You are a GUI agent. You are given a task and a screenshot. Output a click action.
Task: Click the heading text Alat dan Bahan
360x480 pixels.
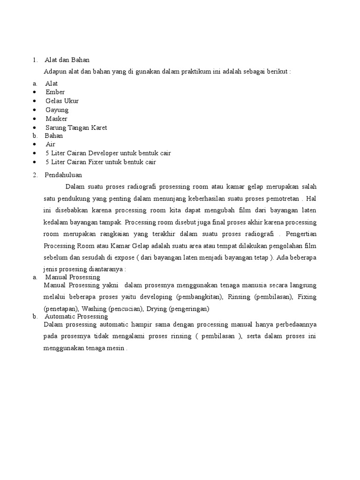[67, 60]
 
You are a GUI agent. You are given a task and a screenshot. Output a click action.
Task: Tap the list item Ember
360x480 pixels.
[55, 92]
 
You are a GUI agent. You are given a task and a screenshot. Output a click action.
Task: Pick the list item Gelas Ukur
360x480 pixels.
[62, 101]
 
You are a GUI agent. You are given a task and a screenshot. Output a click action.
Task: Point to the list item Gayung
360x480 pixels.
[57, 110]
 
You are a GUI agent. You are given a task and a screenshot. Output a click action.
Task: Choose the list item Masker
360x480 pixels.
[56, 119]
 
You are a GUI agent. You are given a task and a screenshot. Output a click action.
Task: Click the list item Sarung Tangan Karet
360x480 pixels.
[76, 127]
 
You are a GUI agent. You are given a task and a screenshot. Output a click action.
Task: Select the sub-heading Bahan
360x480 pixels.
[54, 135]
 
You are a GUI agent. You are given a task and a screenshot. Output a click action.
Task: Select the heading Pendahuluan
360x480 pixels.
[63, 175]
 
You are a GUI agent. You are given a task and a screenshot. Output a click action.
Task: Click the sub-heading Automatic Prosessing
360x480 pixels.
[76, 317]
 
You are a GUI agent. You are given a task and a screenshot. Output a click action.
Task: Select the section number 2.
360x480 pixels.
[35, 175]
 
